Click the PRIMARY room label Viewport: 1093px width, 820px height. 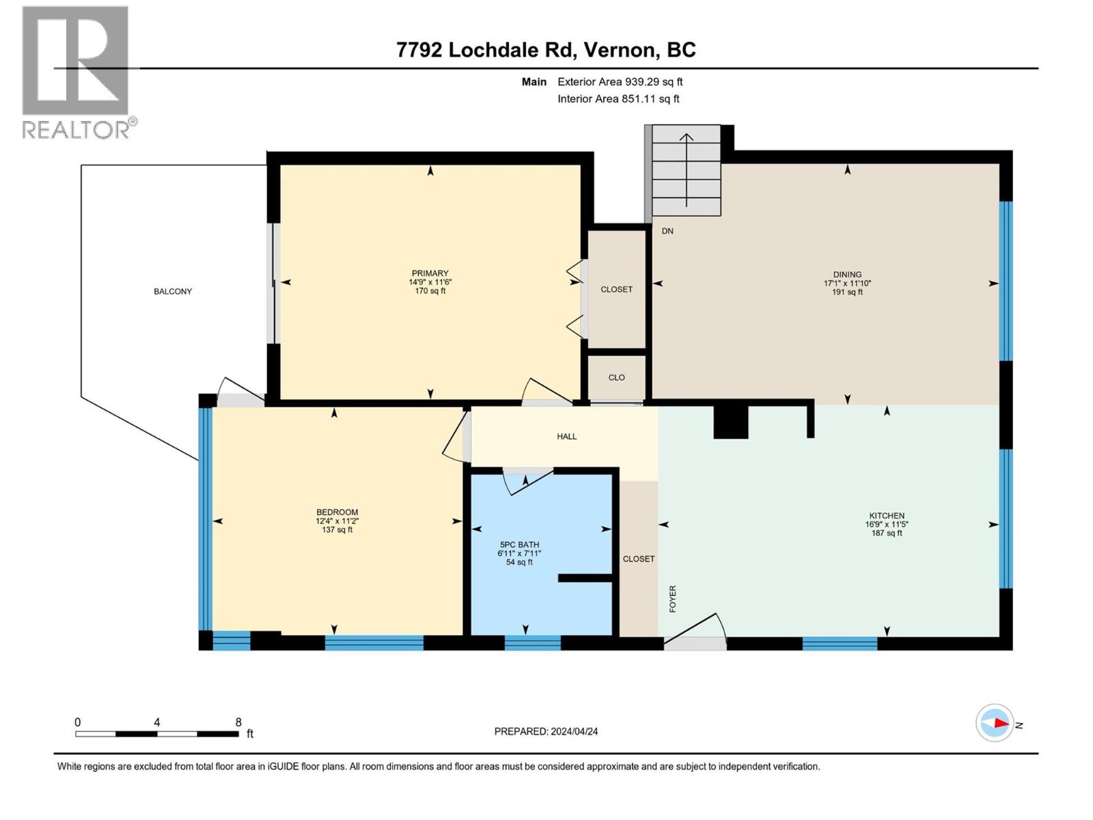pyautogui.click(x=430, y=273)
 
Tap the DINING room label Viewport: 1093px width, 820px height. pyautogui.click(x=847, y=275)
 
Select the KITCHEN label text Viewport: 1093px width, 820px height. pyautogui.click(x=887, y=516)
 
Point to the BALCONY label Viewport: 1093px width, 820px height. pyautogui.click(x=173, y=292)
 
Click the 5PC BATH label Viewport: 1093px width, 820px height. pyautogui.click(x=519, y=545)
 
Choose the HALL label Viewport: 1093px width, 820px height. pyautogui.click(x=566, y=437)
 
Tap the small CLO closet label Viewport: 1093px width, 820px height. pyautogui.click(x=616, y=378)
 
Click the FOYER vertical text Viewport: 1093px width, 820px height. pyautogui.click(x=673, y=599)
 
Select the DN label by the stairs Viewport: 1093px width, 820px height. pyautogui.click(x=667, y=231)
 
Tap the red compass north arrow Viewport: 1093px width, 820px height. pyautogui.click(x=1001, y=723)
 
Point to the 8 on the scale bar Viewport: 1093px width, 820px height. pyautogui.click(x=238, y=722)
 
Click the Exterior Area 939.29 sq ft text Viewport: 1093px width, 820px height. pyautogui.click(x=620, y=82)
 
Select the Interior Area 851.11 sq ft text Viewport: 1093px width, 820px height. pyautogui.click(x=618, y=99)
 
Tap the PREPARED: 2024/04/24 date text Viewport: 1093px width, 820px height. pyautogui.click(x=546, y=731)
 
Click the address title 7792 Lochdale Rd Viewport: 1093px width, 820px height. pyautogui.click(x=546, y=50)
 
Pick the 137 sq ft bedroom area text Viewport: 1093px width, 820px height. pyautogui.click(x=337, y=530)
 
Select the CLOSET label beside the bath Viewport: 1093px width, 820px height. pyautogui.click(x=638, y=559)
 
